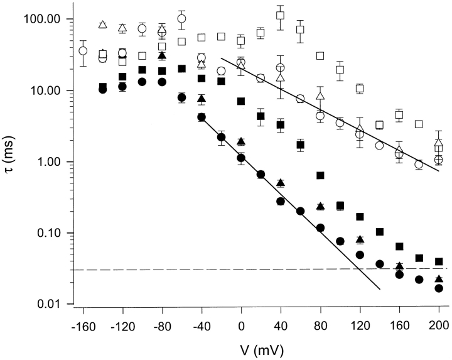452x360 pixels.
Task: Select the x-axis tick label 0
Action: (x=241, y=325)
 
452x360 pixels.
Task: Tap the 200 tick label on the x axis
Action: (x=439, y=325)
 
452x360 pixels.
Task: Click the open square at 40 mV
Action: (x=281, y=15)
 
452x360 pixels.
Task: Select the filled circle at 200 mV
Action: (x=439, y=288)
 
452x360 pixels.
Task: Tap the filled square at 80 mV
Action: (x=320, y=175)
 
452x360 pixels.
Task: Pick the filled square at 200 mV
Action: (x=439, y=261)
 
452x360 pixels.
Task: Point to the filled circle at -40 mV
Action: (x=202, y=117)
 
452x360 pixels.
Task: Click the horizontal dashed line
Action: (x=251, y=270)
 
